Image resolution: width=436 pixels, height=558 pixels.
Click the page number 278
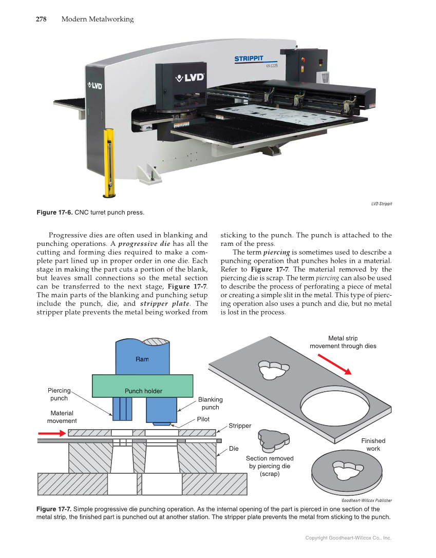tap(41, 20)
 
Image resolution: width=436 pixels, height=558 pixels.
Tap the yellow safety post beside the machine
tap(109, 162)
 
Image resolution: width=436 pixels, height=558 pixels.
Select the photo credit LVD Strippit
tap(382, 204)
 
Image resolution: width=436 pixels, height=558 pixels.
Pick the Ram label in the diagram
tap(142, 359)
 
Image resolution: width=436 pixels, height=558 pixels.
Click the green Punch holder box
tap(143, 386)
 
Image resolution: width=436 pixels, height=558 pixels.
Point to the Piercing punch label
tap(59, 394)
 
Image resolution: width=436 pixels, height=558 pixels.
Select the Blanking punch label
tap(210, 403)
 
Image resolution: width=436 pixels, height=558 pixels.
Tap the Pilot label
tap(203, 419)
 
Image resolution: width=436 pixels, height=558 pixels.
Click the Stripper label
tap(240, 426)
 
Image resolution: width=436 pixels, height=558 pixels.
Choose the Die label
tap(234, 449)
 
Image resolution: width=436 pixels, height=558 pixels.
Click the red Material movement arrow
tap(52, 434)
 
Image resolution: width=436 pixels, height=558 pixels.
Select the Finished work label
tap(373, 445)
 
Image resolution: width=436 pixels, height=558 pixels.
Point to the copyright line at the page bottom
tap(348, 538)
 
